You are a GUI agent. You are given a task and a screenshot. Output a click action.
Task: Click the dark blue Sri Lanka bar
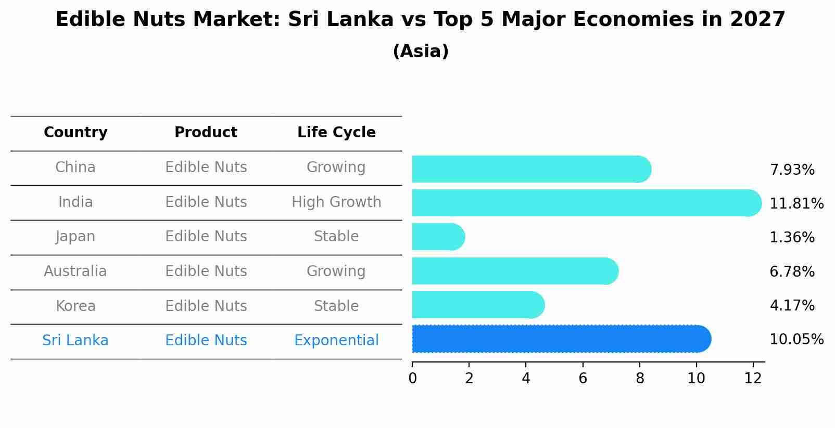pyautogui.click(x=561, y=339)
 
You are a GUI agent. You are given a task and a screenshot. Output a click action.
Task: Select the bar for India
pyautogui.click(x=586, y=203)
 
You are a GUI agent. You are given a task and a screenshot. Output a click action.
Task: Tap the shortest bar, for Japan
pyautogui.click(x=438, y=237)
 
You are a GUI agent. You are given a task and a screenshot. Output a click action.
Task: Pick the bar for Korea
pyautogui.click(x=477, y=305)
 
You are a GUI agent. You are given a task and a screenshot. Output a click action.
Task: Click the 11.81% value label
pyautogui.click(x=796, y=203)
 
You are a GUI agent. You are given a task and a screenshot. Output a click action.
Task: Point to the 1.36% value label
pyautogui.click(x=791, y=238)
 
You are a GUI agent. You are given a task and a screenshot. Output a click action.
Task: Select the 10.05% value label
pyautogui.click(x=796, y=340)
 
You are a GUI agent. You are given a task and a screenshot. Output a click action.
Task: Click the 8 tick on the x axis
pyautogui.click(x=639, y=378)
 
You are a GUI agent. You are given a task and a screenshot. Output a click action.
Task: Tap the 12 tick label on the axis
pyautogui.click(x=753, y=378)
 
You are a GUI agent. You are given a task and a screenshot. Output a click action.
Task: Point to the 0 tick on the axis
pyautogui.click(x=412, y=378)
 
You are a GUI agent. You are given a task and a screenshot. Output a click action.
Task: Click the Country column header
pyautogui.click(x=75, y=133)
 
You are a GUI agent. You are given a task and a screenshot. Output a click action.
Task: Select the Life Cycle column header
pyautogui.click(x=336, y=133)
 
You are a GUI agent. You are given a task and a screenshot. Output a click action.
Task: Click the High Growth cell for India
pyautogui.click(x=336, y=202)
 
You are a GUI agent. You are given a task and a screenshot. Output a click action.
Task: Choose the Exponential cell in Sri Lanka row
pyautogui.click(x=336, y=341)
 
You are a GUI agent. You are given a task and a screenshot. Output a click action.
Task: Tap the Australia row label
pyautogui.click(x=75, y=271)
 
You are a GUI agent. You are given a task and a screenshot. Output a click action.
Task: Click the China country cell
pyautogui.click(x=75, y=167)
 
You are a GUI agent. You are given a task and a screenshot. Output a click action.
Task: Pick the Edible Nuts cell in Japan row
pyautogui.click(x=206, y=237)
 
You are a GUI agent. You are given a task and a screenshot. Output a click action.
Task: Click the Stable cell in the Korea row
pyautogui.click(x=336, y=306)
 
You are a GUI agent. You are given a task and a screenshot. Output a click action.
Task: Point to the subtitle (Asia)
pyautogui.click(x=421, y=51)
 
